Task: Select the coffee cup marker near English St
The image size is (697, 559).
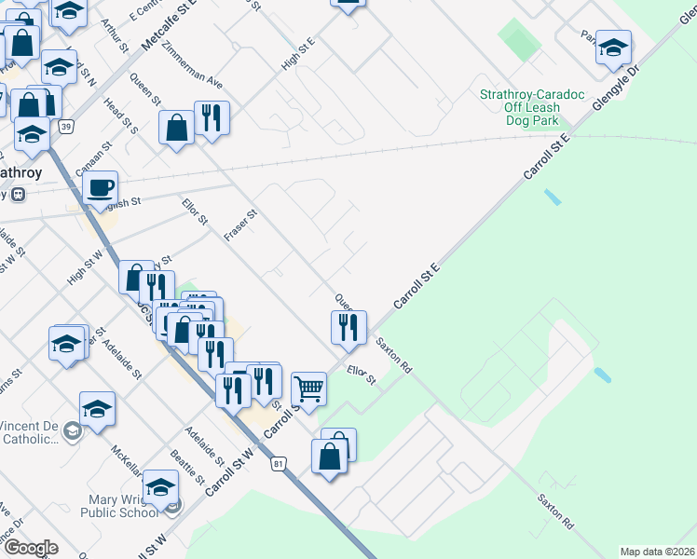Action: pos(100,187)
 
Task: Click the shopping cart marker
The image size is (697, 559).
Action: pos(308,388)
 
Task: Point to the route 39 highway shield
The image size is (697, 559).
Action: pos(64,126)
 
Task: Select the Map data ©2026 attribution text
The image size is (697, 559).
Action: pos(657,552)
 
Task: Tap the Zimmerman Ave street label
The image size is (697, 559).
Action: pos(192,64)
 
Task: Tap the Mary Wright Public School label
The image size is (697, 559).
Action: pos(118,505)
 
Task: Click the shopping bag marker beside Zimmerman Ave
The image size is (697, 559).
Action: pos(176,129)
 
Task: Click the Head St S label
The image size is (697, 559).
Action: pos(121,116)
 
